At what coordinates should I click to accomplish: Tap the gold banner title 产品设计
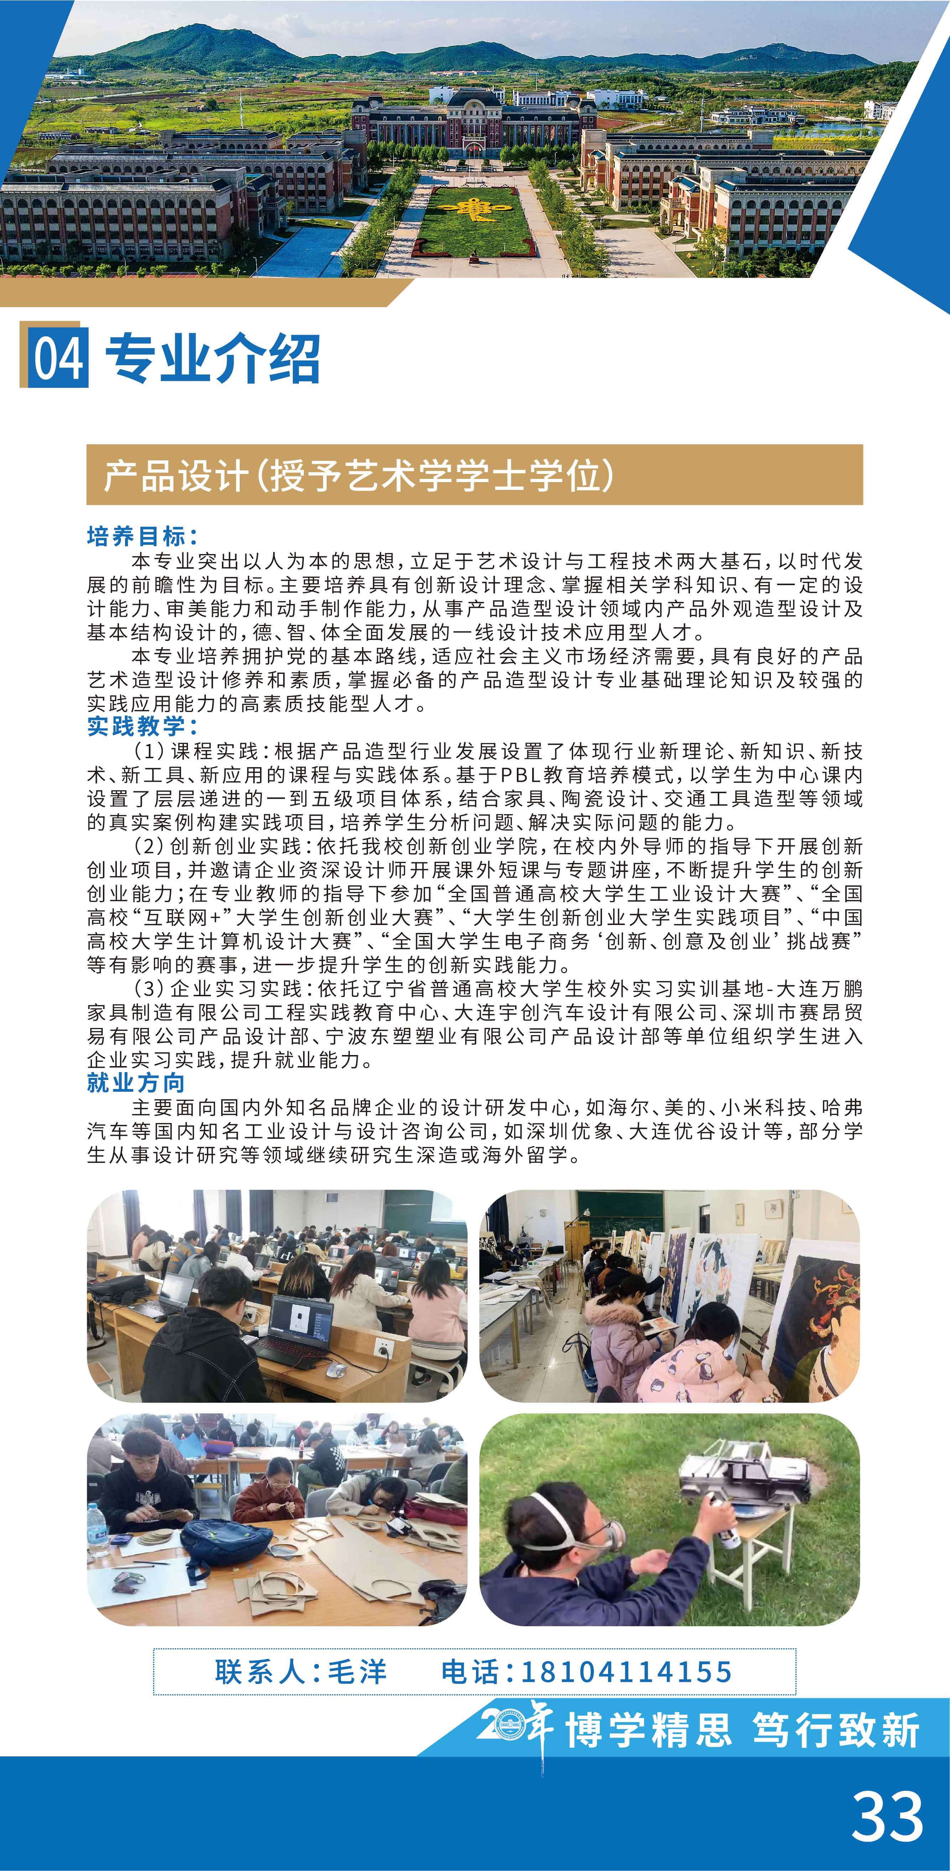click(x=174, y=476)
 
